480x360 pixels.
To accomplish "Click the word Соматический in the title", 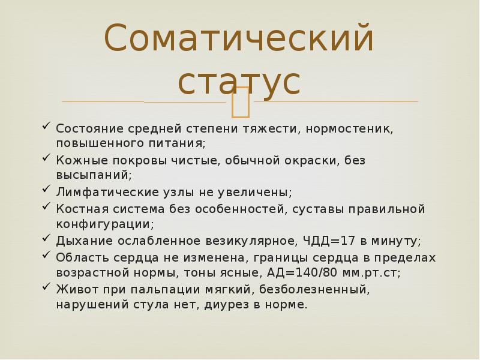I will point(239,40).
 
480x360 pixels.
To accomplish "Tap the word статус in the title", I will point(239,82).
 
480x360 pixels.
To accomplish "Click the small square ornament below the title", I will point(241,102).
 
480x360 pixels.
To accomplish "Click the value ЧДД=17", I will point(326,241).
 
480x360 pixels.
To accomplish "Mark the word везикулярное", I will point(243,241).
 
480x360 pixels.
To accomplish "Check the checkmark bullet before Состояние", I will point(47,127).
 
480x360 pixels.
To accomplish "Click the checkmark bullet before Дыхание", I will point(47,239).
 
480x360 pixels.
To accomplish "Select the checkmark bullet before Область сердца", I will point(47,256).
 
